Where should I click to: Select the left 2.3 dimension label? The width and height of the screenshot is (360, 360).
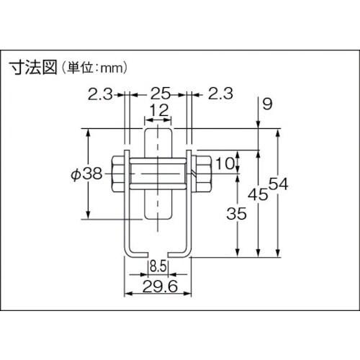100,93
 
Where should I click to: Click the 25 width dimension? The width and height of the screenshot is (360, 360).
159,93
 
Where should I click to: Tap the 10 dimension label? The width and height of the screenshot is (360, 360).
225,163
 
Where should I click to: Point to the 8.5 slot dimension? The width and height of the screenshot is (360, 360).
159,267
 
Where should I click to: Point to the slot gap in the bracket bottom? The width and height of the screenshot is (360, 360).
159,251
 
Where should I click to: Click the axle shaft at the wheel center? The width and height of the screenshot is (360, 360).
159,175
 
